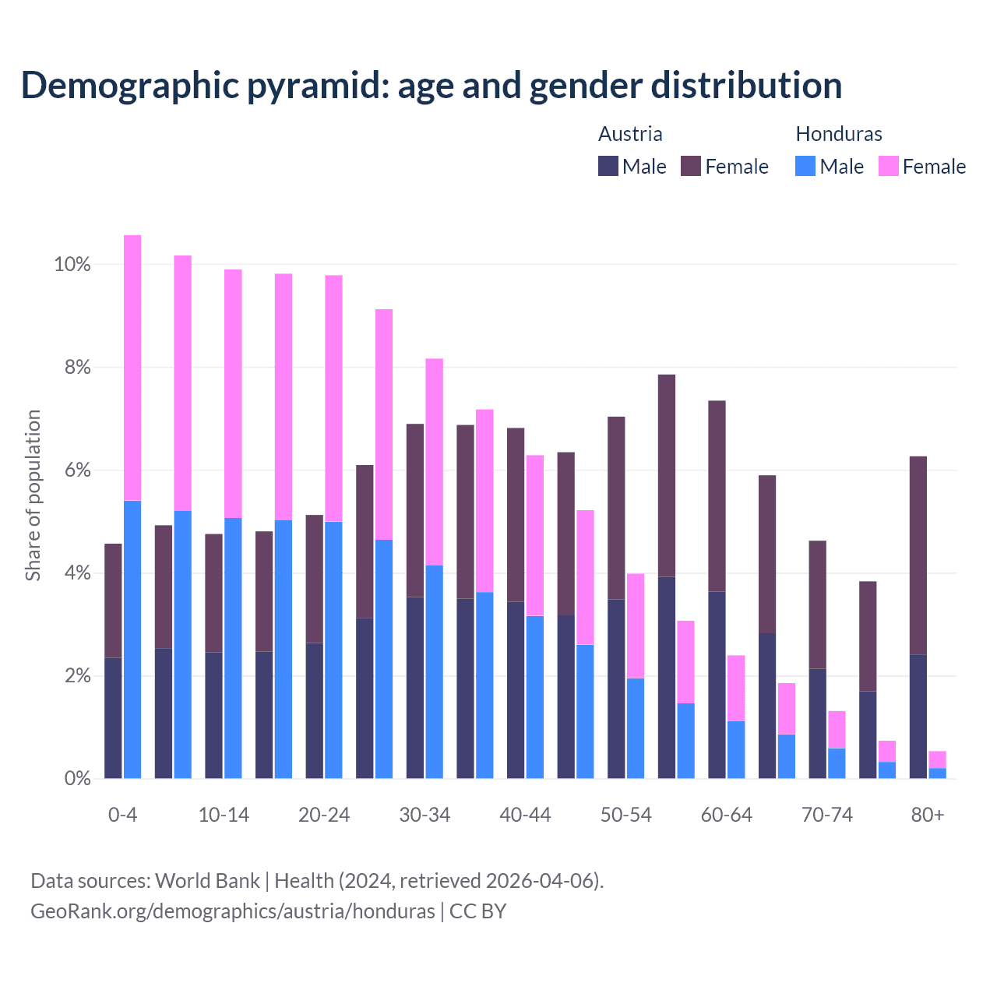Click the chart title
(432, 86)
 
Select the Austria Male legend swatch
(608, 166)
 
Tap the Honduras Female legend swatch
(888, 166)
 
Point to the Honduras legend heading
(838, 134)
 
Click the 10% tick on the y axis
(72, 265)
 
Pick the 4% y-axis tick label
(72, 573)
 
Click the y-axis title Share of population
(33, 495)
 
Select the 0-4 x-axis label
(123, 816)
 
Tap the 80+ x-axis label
(928, 816)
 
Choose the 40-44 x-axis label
(525, 816)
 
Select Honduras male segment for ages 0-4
(132, 639)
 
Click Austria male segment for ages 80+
(918, 717)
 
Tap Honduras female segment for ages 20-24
(333, 398)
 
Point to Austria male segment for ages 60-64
(717, 685)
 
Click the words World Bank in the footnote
(207, 881)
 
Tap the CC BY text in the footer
(477, 911)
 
